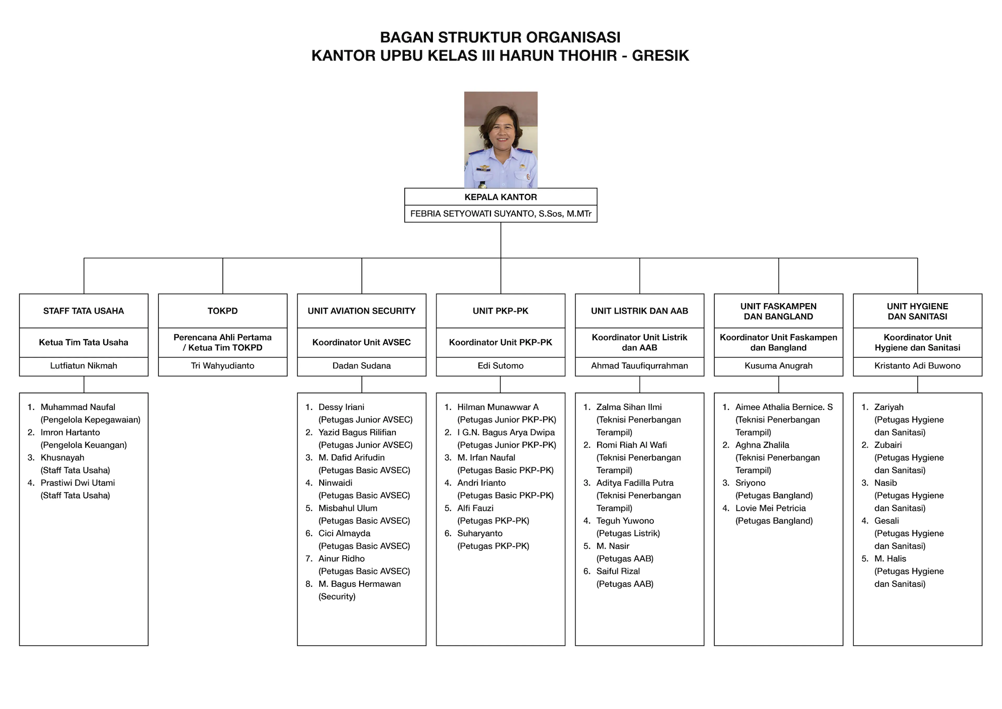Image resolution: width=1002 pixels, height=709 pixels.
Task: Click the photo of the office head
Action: (500, 140)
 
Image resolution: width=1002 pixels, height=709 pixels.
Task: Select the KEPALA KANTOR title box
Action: (500, 197)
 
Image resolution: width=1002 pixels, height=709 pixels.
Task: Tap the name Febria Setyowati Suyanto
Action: (471, 214)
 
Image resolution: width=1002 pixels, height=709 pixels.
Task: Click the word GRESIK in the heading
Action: (660, 55)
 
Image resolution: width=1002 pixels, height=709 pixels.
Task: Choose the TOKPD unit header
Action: (222, 311)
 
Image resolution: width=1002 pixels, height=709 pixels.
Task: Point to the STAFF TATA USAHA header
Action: (84, 311)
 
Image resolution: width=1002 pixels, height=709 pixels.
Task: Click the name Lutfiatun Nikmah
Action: (84, 366)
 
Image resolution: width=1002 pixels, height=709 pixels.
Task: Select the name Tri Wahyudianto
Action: (222, 366)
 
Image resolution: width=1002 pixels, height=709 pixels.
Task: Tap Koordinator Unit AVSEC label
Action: (362, 343)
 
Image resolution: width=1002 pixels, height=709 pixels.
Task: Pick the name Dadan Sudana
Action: (362, 366)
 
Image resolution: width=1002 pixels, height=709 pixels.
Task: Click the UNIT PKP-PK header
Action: (500, 311)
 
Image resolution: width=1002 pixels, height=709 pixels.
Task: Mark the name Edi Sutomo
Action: (500, 366)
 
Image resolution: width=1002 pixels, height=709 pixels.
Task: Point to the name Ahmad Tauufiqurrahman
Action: (640, 366)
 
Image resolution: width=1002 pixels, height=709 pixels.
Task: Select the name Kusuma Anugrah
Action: (779, 366)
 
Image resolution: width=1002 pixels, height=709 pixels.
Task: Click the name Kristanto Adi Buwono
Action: (918, 366)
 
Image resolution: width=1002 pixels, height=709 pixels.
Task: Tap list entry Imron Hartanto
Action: (70, 432)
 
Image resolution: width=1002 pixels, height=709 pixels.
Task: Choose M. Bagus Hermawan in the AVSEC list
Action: (360, 584)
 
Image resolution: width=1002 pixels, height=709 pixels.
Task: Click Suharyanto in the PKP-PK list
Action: (480, 534)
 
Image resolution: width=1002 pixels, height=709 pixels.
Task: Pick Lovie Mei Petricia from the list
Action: (771, 508)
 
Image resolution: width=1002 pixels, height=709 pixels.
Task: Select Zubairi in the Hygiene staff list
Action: (888, 445)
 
